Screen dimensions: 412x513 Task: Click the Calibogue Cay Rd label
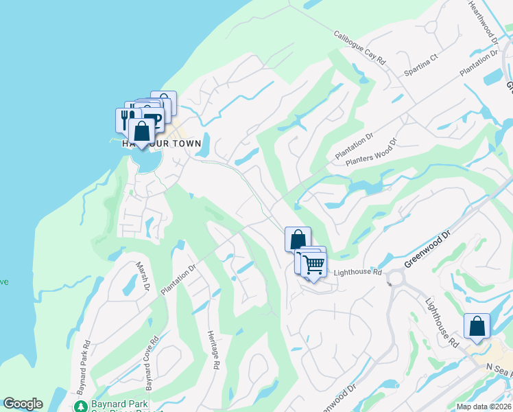pos(360,48)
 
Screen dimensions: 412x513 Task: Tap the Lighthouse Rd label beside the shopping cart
pos(357,273)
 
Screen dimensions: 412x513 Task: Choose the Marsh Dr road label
pos(142,276)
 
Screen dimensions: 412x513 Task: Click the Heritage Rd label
pos(213,351)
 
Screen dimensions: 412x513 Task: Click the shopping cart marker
pos(314,264)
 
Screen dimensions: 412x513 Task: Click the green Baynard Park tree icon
pos(81,407)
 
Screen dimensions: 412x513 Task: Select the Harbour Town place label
pos(162,144)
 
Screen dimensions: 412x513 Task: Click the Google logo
pos(23,404)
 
